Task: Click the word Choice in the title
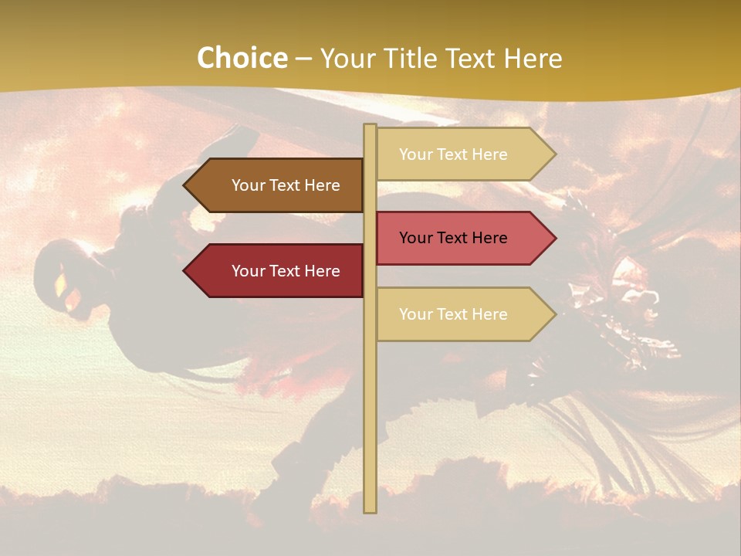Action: (x=242, y=58)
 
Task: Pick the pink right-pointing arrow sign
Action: (x=463, y=238)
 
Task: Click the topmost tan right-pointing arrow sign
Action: (x=463, y=154)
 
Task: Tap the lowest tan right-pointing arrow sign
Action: (x=463, y=314)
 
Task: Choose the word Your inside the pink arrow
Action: (x=415, y=238)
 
